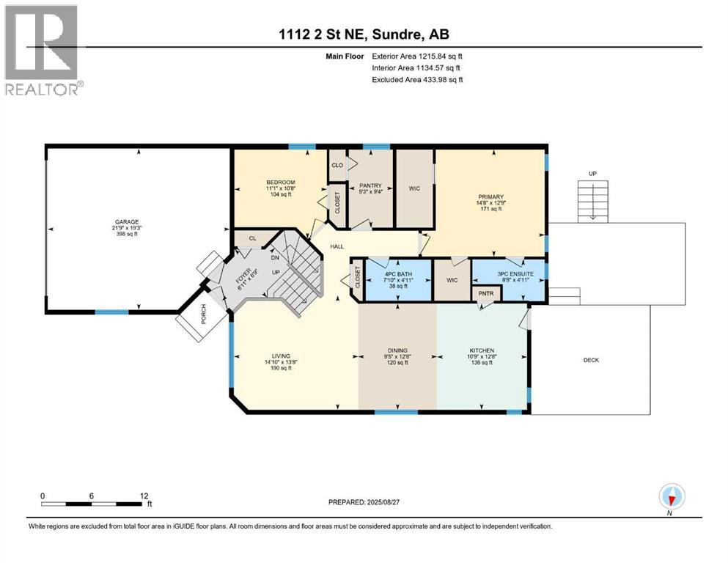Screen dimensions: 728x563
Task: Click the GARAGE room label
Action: pos(127,222)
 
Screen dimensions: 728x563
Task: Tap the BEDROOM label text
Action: pos(281,183)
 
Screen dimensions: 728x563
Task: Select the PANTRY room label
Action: pos(370,185)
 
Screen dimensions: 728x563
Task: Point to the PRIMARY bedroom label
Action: pos(490,196)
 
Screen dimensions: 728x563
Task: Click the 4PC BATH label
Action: pos(398,274)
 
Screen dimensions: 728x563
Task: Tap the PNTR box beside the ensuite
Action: pos(486,293)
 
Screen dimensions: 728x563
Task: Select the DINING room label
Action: pos(397,350)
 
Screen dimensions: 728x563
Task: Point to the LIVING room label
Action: pos(281,356)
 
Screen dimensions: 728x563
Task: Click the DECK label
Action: pos(591,360)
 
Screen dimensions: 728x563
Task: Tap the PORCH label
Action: pos(203,314)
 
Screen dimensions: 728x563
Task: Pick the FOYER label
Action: pos(243,276)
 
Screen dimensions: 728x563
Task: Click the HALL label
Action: pos(337,246)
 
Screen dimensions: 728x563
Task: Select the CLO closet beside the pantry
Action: pos(337,165)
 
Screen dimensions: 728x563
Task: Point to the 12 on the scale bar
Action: pos(144,496)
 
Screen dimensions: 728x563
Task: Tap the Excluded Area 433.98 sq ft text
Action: pos(417,79)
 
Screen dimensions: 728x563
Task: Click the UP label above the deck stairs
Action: pos(592,174)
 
